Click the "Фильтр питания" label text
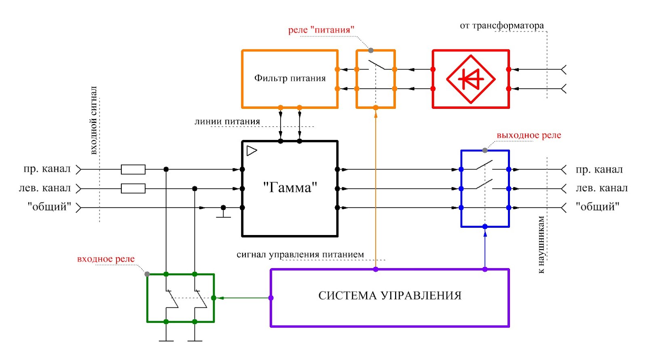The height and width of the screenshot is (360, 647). click(290, 78)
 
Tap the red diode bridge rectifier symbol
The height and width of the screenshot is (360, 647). click(471, 79)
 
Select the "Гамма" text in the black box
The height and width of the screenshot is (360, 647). click(290, 188)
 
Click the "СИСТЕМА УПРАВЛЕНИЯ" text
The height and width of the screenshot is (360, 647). click(390, 296)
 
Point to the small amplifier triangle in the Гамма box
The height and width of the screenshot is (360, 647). click(252, 151)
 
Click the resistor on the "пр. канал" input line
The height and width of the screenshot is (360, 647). click(133, 169)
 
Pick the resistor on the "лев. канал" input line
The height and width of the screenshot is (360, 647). click(133, 188)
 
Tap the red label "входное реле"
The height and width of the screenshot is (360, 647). click(106, 259)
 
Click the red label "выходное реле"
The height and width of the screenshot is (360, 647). click(529, 135)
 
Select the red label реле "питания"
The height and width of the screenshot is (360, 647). click(321, 30)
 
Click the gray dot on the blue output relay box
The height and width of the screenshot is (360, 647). click(485, 150)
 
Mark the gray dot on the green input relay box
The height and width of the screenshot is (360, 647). click(147, 274)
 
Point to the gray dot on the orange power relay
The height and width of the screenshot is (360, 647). click(371, 51)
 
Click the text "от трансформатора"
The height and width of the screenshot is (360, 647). click(502, 26)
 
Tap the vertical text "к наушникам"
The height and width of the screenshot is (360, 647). click(541, 244)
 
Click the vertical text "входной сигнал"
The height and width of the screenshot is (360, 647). click(93, 120)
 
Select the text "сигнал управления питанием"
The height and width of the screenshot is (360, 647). click(300, 254)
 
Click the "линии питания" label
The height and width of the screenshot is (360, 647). click(227, 121)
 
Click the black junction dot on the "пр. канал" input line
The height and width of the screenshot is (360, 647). click(166, 169)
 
